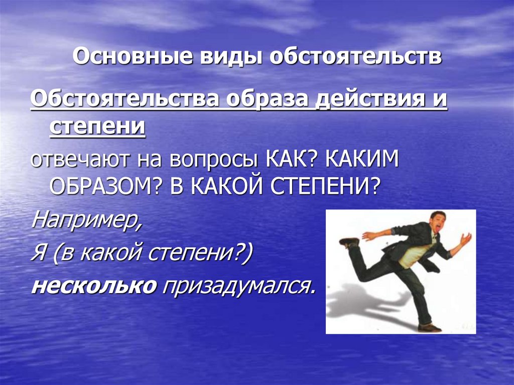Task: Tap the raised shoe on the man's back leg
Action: coord(349,241)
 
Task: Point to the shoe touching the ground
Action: coord(429,327)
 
